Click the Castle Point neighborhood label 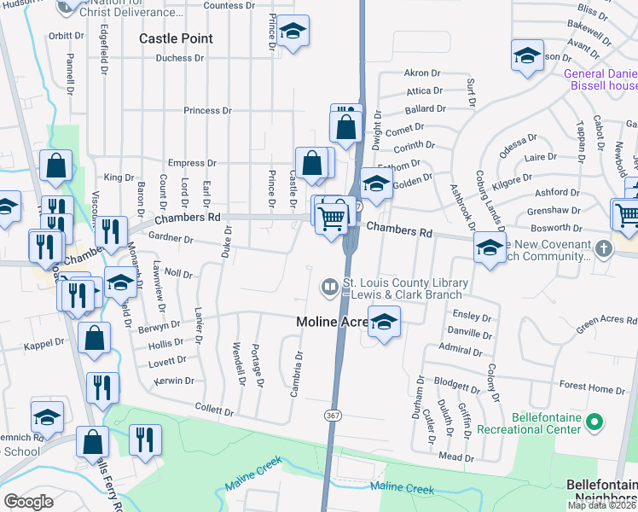(x=177, y=38)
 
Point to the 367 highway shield (x=332, y=415)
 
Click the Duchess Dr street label (x=180, y=59)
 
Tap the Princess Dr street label (x=207, y=110)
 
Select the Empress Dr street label (x=192, y=163)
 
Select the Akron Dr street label (x=420, y=73)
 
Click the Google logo (x=28, y=502)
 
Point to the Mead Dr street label (x=449, y=457)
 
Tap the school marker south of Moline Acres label (x=385, y=323)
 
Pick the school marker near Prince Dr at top (x=293, y=32)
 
